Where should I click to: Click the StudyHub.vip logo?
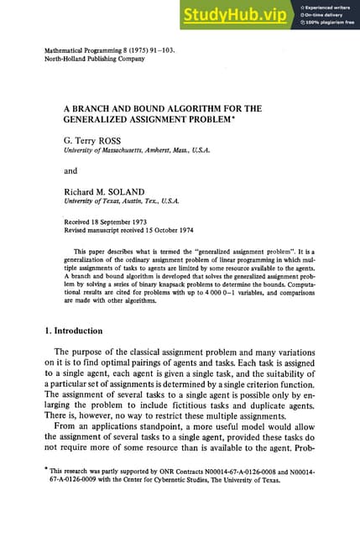pyautogui.click(x=236, y=15)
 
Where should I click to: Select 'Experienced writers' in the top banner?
pyautogui.click(x=331, y=7)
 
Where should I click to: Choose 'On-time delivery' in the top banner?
pyautogui.click(x=328, y=14)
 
